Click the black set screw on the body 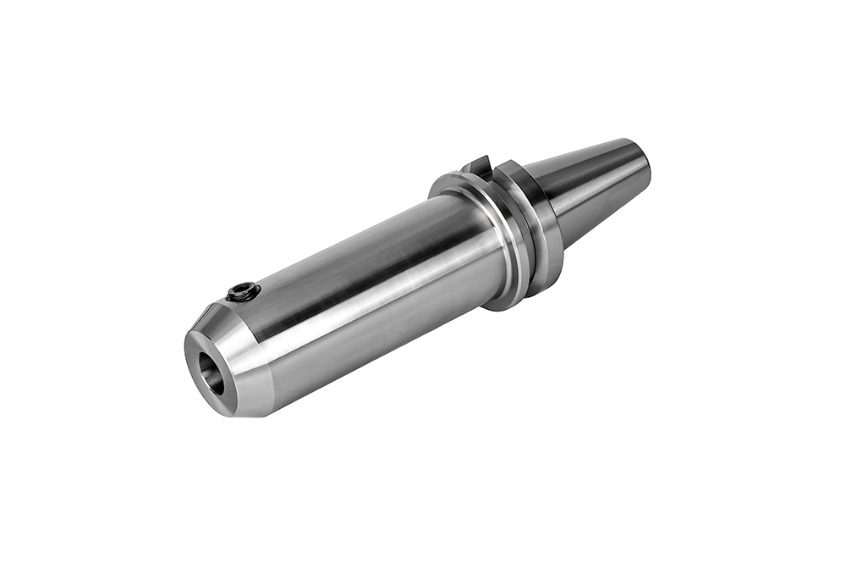[243, 292]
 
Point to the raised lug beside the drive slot [495, 169]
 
